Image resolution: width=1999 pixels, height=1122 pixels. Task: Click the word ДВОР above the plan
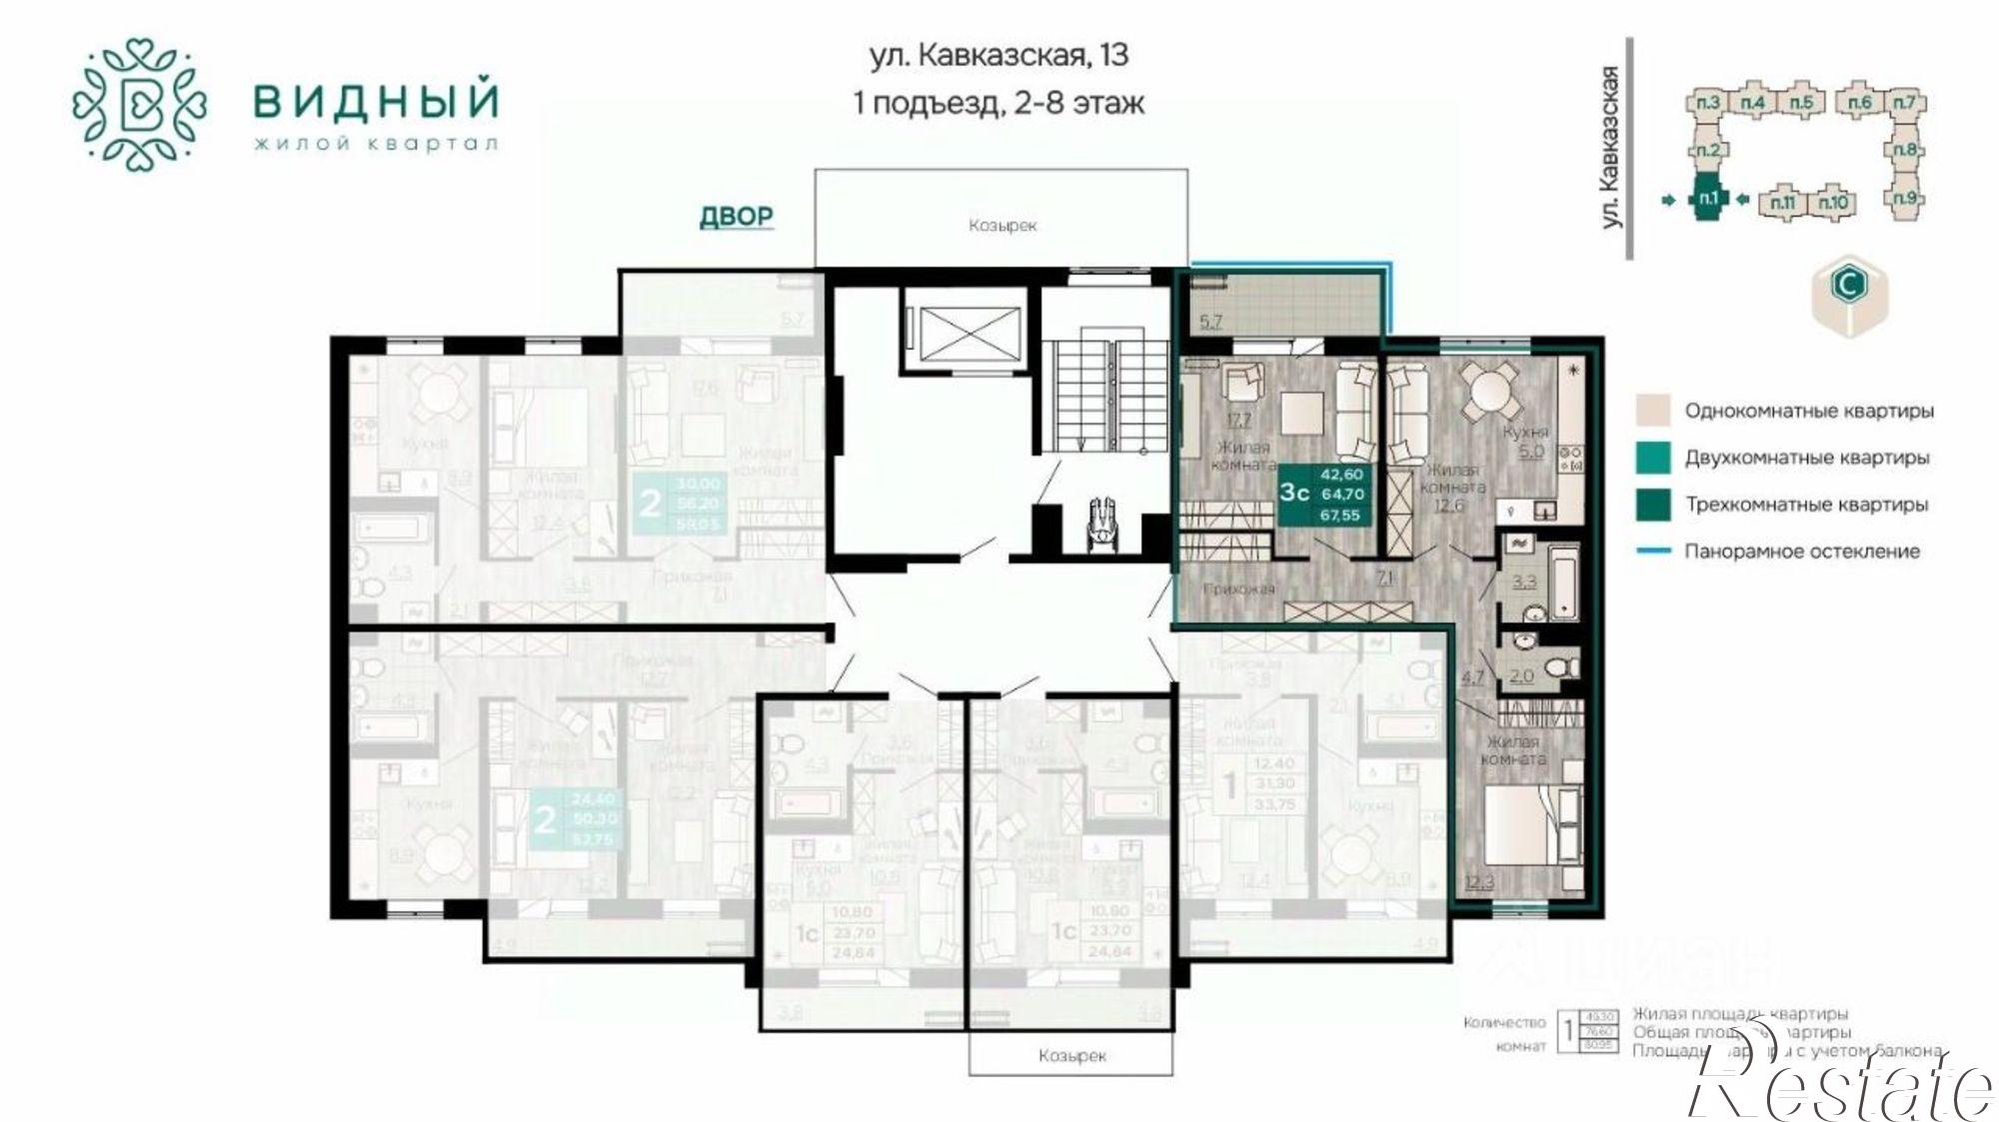tap(736, 216)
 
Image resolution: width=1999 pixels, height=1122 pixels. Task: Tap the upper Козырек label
tap(1001, 226)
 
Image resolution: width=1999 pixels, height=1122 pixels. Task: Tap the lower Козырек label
tap(1071, 1056)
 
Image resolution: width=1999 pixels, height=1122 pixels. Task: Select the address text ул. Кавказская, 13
tap(999, 55)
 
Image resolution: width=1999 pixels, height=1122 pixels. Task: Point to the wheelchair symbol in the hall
tap(1101, 521)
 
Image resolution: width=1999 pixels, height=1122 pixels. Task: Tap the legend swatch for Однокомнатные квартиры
tap(1653, 411)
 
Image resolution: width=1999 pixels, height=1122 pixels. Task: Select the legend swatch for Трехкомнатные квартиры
tap(1653, 505)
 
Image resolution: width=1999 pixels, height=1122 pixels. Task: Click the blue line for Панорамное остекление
tap(1653, 552)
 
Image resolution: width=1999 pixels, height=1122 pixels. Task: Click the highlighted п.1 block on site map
tap(1707, 199)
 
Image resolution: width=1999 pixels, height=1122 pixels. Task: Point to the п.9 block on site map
tap(1906, 198)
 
